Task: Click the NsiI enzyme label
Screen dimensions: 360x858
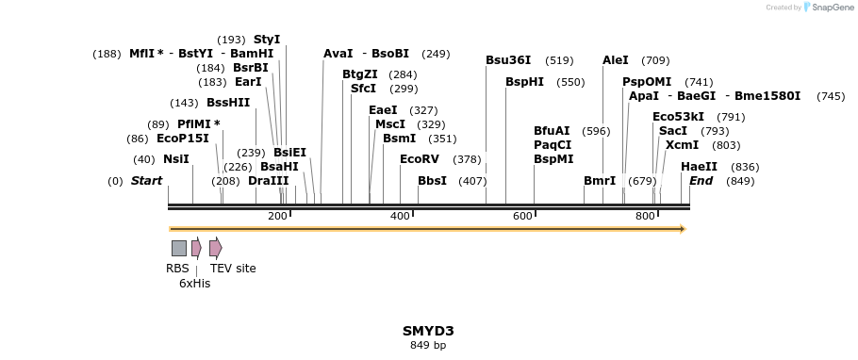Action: click(176, 159)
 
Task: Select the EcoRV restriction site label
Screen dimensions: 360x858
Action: click(420, 159)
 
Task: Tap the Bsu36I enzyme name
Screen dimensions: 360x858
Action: click(508, 60)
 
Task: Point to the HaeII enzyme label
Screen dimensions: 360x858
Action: click(699, 167)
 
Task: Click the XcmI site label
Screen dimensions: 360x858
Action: click(682, 145)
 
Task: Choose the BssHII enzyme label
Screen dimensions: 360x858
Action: click(228, 103)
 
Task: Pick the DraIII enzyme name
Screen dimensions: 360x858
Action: click(269, 181)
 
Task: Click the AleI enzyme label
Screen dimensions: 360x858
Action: click(615, 60)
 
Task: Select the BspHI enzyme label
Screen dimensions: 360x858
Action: click(524, 82)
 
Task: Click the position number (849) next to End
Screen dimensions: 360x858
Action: click(740, 181)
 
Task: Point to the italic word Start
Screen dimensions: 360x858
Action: click(146, 181)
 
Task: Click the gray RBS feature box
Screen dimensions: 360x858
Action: click(178, 248)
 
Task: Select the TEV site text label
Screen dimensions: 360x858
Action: click(233, 269)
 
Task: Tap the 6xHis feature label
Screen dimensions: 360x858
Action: click(194, 284)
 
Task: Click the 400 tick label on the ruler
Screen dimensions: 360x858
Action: click(400, 217)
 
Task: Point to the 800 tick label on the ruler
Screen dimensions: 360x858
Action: click(645, 217)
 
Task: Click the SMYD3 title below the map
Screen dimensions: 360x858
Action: click(428, 331)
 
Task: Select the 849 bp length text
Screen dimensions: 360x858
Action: click(428, 346)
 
